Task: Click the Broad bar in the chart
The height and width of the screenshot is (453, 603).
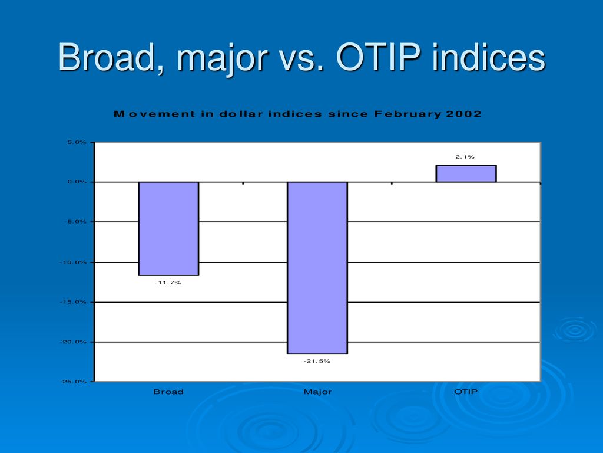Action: coord(168,229)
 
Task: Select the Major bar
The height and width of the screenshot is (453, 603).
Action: coord(317,268)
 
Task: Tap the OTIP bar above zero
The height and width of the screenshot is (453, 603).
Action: coord(466,173)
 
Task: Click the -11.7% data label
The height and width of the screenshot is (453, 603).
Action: coord(168,283)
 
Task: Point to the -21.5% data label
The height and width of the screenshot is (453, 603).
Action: coord(317,362)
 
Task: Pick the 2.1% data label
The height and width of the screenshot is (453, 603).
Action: coord(465,157)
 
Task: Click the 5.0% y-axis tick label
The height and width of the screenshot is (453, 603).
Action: coord(77,142)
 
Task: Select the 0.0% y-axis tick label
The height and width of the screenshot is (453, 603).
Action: coord(77,182)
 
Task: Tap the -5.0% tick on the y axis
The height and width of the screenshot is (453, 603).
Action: coord(75,222)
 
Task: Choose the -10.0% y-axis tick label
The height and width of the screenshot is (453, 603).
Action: coord(73,262)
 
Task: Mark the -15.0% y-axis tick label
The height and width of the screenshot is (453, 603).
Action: coord(73,302)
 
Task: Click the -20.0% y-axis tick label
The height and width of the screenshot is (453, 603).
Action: coord(73,342)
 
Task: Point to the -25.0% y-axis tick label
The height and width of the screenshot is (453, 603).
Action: coord(73,382)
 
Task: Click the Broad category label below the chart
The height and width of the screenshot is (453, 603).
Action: coord(168,392)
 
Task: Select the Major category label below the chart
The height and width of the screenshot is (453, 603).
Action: coord(317,392)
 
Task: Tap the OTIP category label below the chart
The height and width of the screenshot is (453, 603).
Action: coord(466,392)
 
